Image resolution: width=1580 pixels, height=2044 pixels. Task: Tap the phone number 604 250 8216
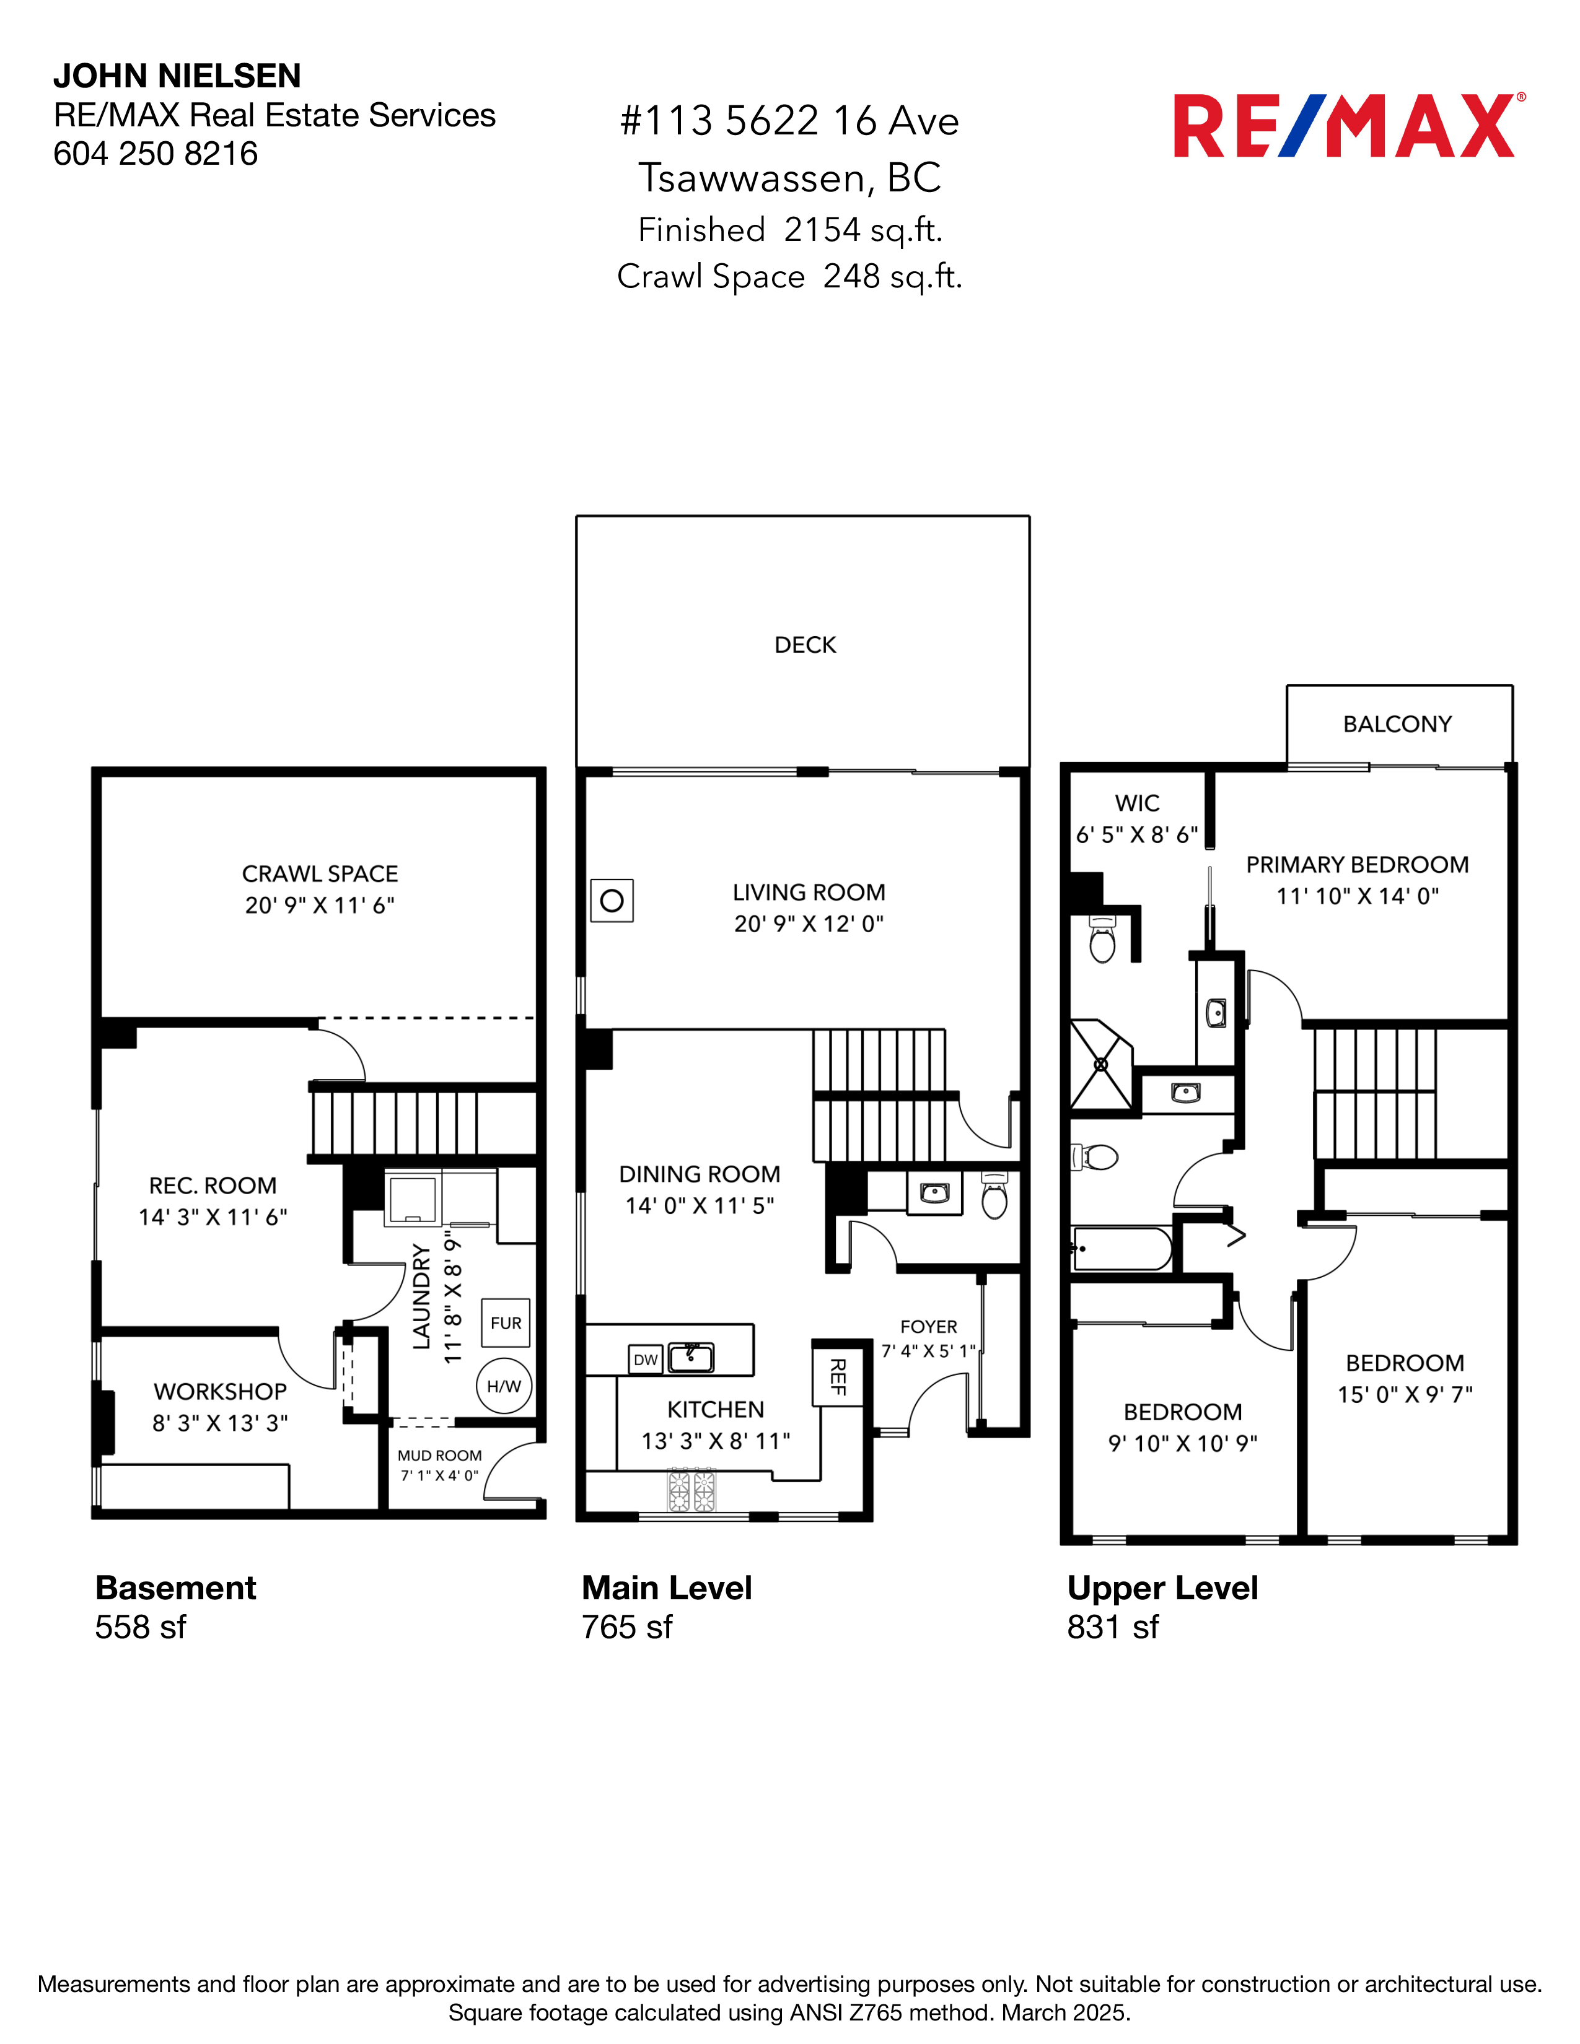(x=156, y=154)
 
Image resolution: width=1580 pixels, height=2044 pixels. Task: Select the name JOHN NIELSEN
(x=177, y=76)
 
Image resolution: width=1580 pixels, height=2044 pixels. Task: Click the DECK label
(x=805, y=645)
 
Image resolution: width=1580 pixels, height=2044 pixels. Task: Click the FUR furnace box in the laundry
(x=506, y=1322)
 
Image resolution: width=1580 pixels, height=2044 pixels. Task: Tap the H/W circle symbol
(x=504, y=1386)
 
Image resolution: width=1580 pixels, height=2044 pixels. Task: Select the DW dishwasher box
(x=646, y=1360)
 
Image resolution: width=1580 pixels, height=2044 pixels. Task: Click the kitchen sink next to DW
(x=691, y=1357)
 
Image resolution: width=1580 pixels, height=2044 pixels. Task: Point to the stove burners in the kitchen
(x=691, y=1490)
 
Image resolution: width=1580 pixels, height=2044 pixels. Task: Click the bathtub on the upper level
(x=1121, y=1249)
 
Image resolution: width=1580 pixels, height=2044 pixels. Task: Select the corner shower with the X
(x=1101, y=1065)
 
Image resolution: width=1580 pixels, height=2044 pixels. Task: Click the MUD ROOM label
(x=439, y=1456)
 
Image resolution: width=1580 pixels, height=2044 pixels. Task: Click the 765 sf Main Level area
(x=626, y=1628)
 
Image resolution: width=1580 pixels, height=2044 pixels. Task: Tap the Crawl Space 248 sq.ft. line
(x=789, y=277)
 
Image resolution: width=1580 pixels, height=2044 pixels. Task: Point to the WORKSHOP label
(x=220, y=1392)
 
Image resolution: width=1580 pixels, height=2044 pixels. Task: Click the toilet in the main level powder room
(x=994, y=1197)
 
